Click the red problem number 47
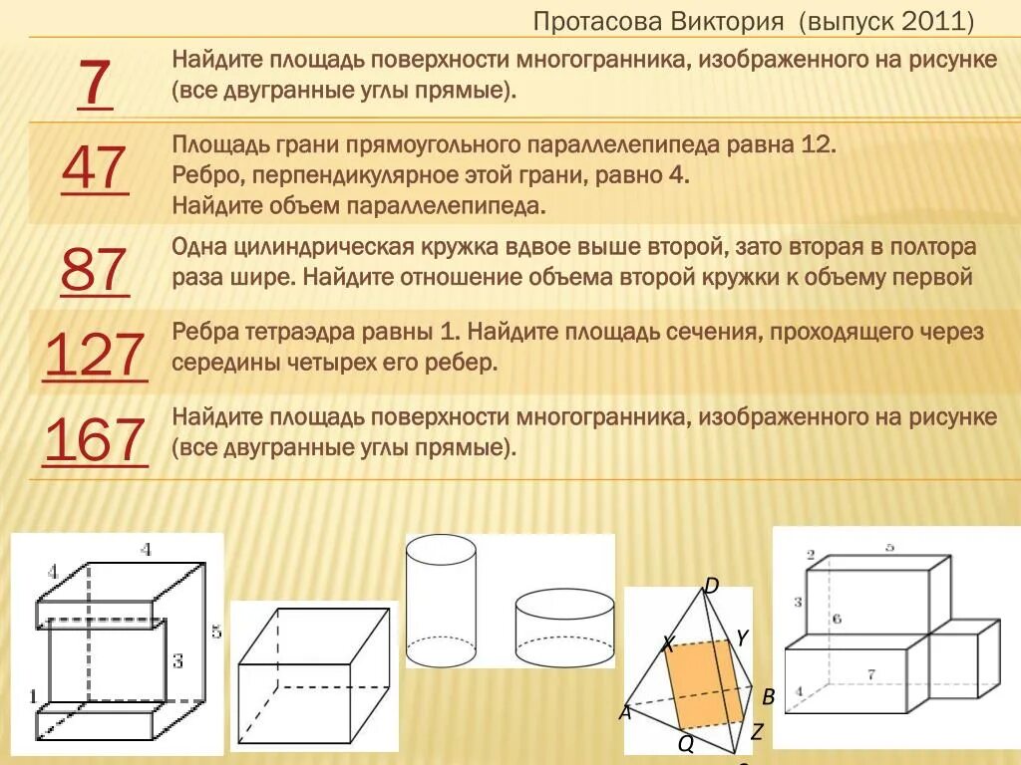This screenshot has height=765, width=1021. pyautogui.click(x=95, y=169)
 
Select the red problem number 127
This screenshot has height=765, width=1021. pyautogui.click(x=96, y=354)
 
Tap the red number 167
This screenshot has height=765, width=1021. pyautogui.click(x=96, y=440)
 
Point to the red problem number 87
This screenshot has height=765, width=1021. pyautogui.click(x=95, y=269)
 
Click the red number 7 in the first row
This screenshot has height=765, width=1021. pyautogui.click(x=94, y=85)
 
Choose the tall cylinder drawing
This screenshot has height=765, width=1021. pyautogui.click(x=442, y=601)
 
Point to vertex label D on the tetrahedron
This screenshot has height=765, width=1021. pyautogui.click(x=712, y=585)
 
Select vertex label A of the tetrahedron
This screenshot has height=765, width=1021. pyautogui.click(x=625, y=712)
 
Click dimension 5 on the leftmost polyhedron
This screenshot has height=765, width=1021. pyautogui.click(x=215, y=632)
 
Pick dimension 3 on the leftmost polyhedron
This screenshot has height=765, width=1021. pyautogui.click(x=177, y=659)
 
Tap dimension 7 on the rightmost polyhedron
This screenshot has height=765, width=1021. pyautogui.click(x=870, y=674)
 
